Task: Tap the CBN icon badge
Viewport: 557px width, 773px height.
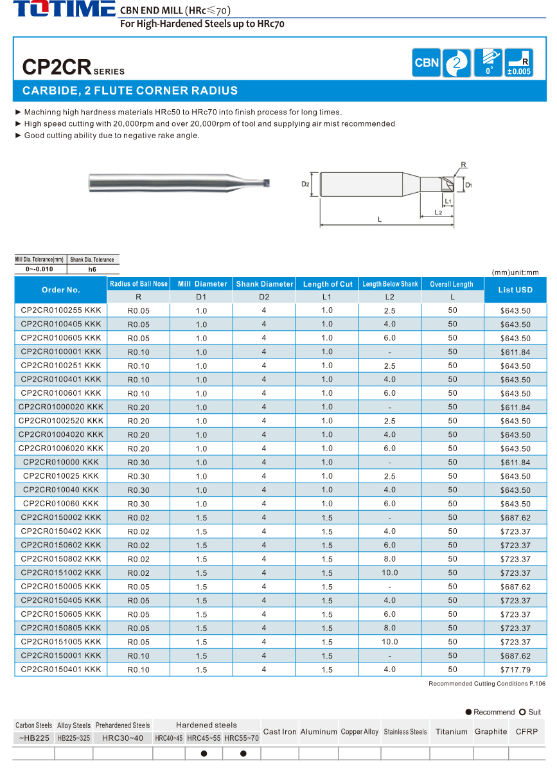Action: [427, 62]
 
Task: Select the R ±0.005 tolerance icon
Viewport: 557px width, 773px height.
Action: [518, 63]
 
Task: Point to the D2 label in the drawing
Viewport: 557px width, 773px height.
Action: [306, 184]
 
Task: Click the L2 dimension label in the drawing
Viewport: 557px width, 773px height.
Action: [438, 211]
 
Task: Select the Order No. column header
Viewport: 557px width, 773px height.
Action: [61, 290]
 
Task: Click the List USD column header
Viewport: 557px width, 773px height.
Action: [515, 290]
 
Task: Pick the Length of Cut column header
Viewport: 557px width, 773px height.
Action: [328, 284]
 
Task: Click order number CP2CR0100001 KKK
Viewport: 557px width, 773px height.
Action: [61, 351]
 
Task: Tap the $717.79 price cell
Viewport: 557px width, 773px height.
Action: [515, 670]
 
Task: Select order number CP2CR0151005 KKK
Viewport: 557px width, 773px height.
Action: [61, 642]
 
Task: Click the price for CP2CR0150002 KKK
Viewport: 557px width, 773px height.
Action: [515, 518]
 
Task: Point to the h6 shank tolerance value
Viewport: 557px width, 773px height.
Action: [93, 269]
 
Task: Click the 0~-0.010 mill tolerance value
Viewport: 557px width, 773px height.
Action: [40, 269]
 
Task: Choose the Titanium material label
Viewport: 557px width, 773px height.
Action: [451, 731]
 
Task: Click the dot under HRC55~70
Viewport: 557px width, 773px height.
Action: [243, 754]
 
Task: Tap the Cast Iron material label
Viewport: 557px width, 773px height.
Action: [280, 731]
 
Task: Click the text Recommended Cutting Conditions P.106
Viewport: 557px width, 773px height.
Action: [486, 684]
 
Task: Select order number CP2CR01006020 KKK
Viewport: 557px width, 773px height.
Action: [61, 449]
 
